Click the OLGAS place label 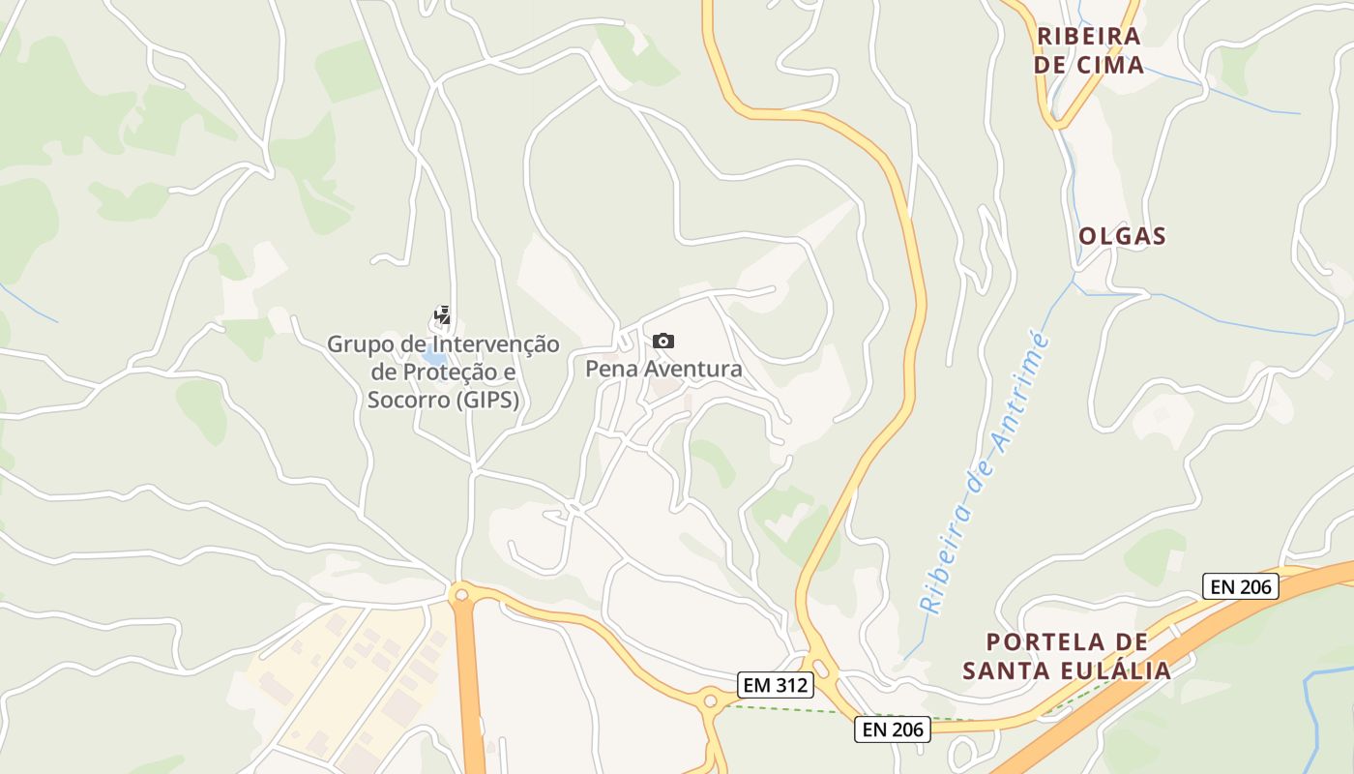click(1122, 236)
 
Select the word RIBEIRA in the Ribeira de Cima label click(1089, 37)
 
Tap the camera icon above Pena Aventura click(662, 341)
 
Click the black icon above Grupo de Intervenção click(442, 315)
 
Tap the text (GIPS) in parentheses click(486, 400)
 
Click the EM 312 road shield click(776, 685)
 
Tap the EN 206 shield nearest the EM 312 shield click(892, 729)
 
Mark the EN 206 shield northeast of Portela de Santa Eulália click(1241, 585)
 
